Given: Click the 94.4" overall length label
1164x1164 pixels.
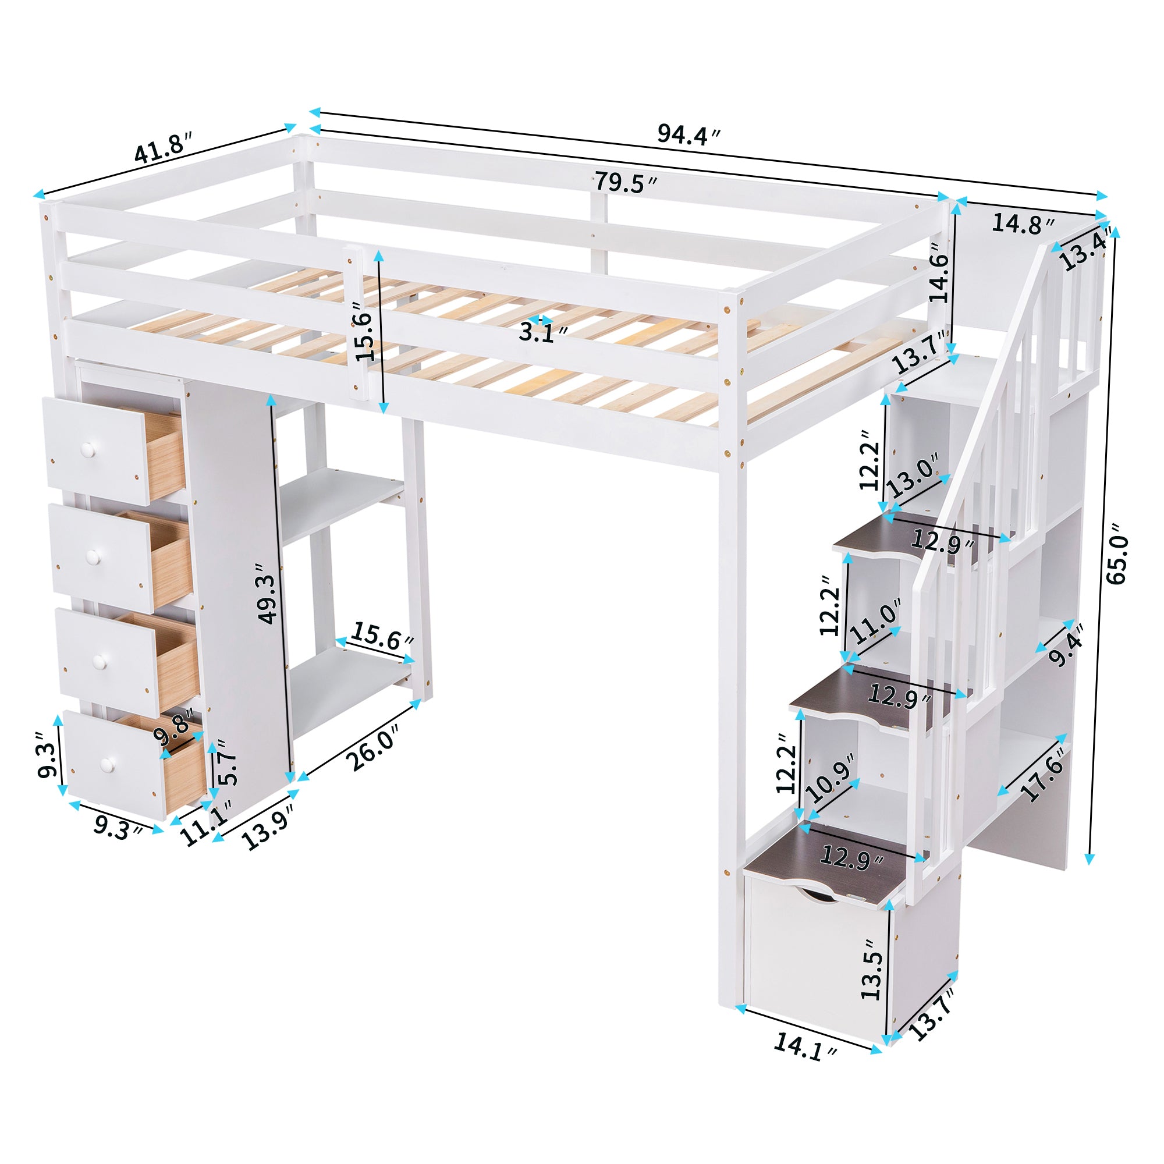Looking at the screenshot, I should [x=688, y=134].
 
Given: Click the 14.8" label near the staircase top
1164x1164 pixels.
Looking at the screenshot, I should [x=1023, y=223].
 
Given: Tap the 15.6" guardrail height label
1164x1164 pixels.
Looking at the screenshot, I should [x=365, y=331].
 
